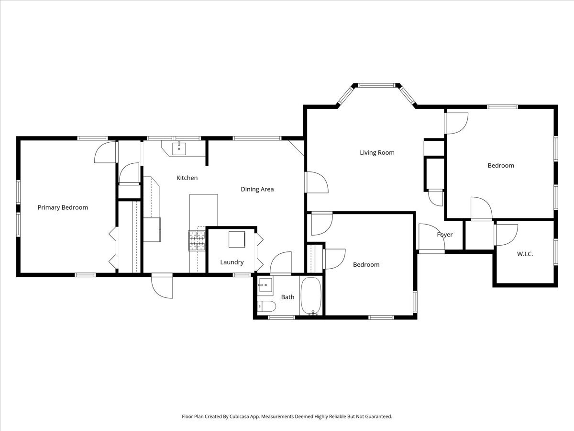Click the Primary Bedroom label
click(x=63, y=207)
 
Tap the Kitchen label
click(x=187, y=178)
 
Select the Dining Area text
click(x=257, y=189)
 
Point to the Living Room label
click(x=377, y=153)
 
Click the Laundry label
click(x=232, y=262)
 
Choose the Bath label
click(x=287, y=297)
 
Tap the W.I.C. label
click(x=525, y=254)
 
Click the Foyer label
click(x=445, y=235)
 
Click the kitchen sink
click(x=179, y=149)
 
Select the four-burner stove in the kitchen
click(x=197, y=240)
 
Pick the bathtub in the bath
click(x=311, y=296)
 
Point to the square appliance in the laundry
click(x=237, y=239)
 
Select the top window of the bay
click(x=376, y=85)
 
